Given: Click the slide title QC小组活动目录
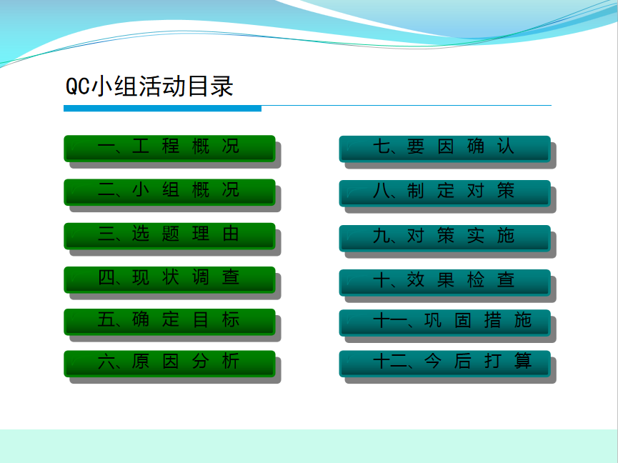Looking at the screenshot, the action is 149,86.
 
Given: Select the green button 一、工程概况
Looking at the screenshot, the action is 169,148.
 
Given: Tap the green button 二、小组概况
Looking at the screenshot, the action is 169,192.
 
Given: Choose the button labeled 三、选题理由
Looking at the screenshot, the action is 169,236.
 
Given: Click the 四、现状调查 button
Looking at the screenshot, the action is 169,279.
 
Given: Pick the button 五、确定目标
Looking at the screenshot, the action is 169,322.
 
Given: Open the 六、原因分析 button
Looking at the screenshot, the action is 169,363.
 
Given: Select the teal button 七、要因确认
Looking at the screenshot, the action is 444,149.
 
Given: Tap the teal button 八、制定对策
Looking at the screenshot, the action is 444,193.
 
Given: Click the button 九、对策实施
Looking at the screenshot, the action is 444,238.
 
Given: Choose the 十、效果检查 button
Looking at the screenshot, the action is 444,282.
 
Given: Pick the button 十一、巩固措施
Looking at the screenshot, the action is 444,323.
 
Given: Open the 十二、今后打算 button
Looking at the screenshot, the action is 444,363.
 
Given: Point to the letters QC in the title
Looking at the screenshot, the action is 78,86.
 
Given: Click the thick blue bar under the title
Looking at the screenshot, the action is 162,109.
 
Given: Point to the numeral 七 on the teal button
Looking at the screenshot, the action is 381,146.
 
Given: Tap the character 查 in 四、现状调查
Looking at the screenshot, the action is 231,277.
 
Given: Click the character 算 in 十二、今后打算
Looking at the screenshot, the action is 523,361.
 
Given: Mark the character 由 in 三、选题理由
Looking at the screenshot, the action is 231,234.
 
